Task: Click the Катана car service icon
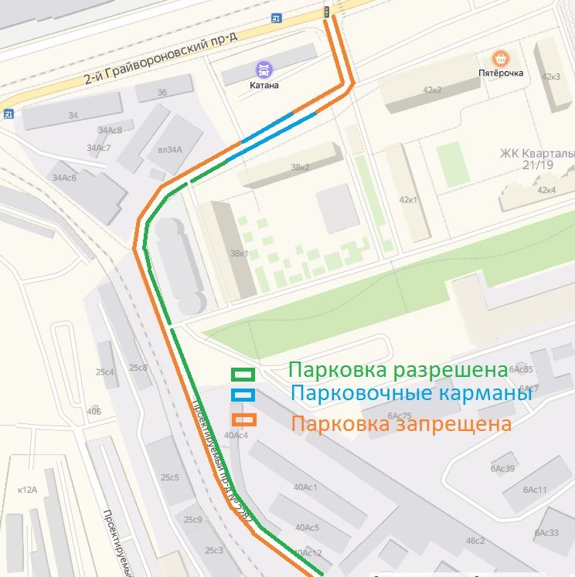pos(264,69)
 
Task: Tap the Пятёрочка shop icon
pos(501,59)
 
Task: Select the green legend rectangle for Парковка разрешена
pos(243,374)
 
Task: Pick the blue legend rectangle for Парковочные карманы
pos(243,395)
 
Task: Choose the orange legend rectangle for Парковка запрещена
pos(243,419)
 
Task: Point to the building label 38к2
pos(300,167)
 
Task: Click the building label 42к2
pos(430,90)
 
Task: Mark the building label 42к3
pos(550,76)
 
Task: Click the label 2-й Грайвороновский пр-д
pos(162,58)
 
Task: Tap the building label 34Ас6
pos(64,178)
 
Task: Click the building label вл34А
pos(169,150)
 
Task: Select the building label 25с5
pos(169,477)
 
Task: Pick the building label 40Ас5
pos(306,528)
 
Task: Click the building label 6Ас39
pos(502,469)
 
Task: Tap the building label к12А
pos(27,490)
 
